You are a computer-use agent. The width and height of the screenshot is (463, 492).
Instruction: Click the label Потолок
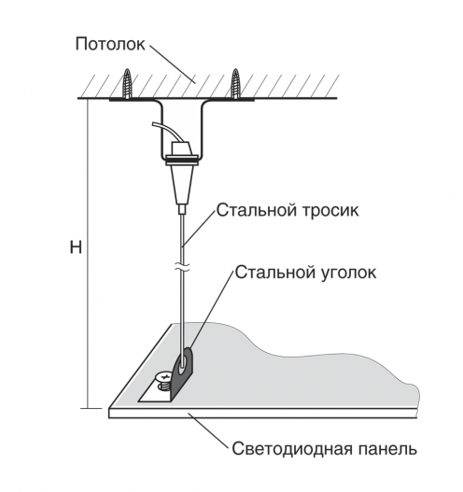[110, 44]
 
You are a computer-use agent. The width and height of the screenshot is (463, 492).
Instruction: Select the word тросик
[330, 211]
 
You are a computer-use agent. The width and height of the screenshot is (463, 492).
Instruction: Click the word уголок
[348, 273]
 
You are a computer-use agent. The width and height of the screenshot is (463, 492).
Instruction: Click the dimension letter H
[76, 247]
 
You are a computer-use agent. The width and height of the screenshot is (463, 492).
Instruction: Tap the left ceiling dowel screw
[127, 84]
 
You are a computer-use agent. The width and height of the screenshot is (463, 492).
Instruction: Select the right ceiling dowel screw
[235, 84]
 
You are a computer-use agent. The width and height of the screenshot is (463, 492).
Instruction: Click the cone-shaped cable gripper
[182, 184]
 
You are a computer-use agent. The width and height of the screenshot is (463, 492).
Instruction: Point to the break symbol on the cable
[182, 267]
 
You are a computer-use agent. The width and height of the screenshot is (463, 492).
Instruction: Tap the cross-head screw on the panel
[163, 381]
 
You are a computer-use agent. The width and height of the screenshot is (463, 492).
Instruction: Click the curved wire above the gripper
[166, 131]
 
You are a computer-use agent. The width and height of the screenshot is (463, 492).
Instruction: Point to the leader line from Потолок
[172, 64]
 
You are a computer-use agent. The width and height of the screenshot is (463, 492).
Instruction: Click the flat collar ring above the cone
[182, 161]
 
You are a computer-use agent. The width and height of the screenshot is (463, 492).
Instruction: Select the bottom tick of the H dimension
[91, 409]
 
